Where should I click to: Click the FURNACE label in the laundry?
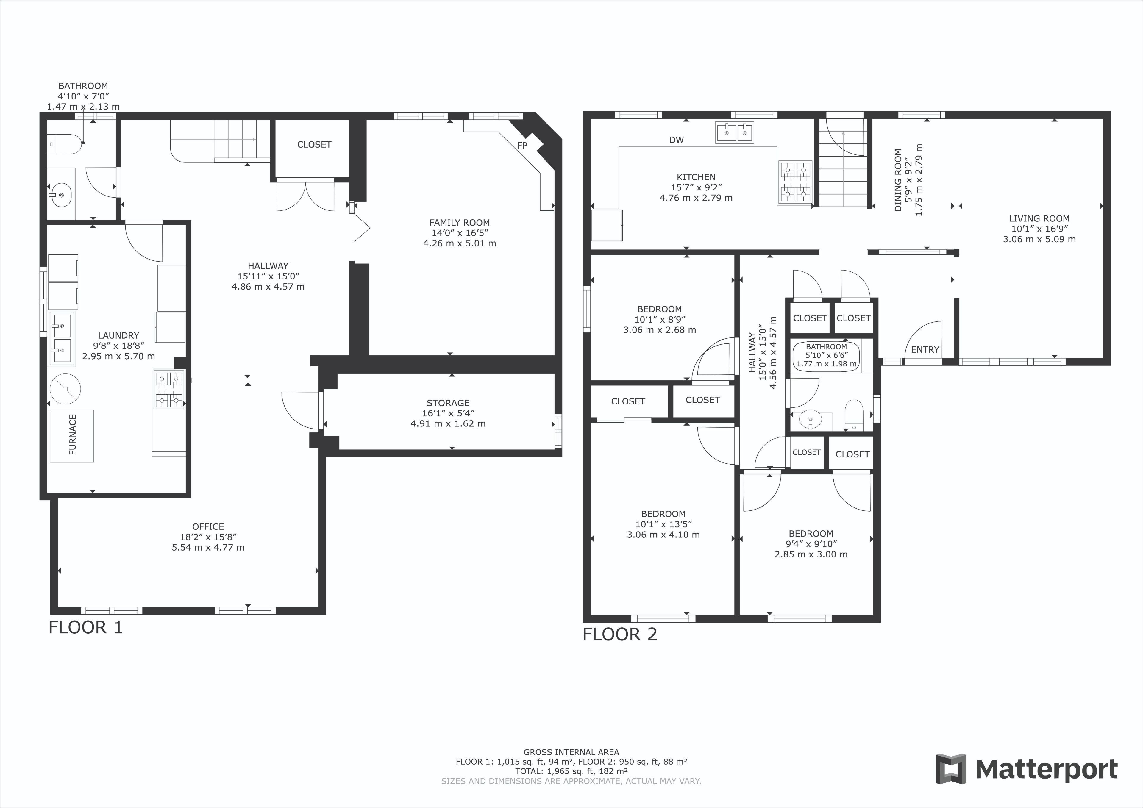[x=73, y=435]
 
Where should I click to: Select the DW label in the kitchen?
[x=676, y=140]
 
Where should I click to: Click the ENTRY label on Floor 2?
[x=925, y=349]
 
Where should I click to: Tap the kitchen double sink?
[x=735, y=132]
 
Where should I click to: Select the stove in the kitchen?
[x=795, y=183]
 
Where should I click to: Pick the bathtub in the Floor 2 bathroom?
[x=826, y=356]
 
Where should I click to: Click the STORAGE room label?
[x=448, y=403]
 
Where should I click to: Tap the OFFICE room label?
[x=208, y=526]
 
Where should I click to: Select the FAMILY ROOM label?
[x=460, y=223]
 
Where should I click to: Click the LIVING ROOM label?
[x=1039, y=218]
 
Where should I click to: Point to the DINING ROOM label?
[x=898, y=180]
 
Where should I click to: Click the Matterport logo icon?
[x=950, y=769]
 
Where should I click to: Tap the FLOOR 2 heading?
[x=620, y=634]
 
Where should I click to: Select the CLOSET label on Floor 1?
[x=314, y=144]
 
